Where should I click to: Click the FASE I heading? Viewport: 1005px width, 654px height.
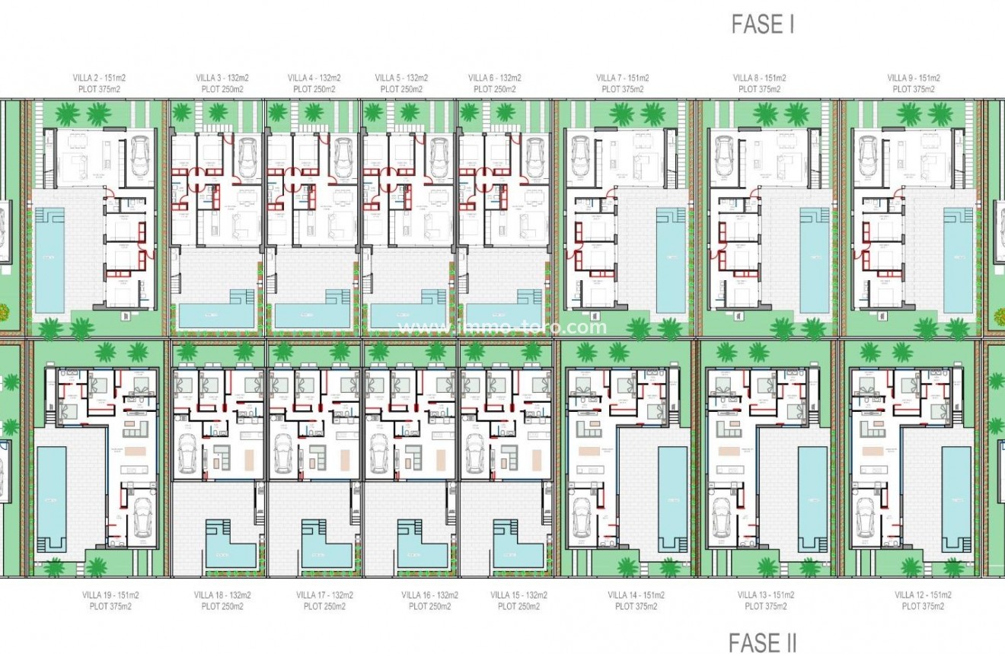point(762,24)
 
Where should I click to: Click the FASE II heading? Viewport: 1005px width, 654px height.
point(762,643)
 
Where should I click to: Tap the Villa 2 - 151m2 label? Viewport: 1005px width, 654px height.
point(94,78)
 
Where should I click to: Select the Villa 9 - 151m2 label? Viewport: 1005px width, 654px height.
point(914,78)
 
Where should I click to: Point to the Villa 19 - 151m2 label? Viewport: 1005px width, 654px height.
point(110,595)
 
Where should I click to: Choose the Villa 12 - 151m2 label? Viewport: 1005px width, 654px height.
point(923,595)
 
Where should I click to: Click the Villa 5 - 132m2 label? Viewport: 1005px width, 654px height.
point(401,78)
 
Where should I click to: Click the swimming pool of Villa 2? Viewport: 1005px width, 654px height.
point(49,259)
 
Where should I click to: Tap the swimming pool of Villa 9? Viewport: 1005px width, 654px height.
point(958,259)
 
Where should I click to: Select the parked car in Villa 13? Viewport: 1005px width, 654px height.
point(720,518)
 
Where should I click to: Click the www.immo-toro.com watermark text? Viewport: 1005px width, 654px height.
point(503,327)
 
